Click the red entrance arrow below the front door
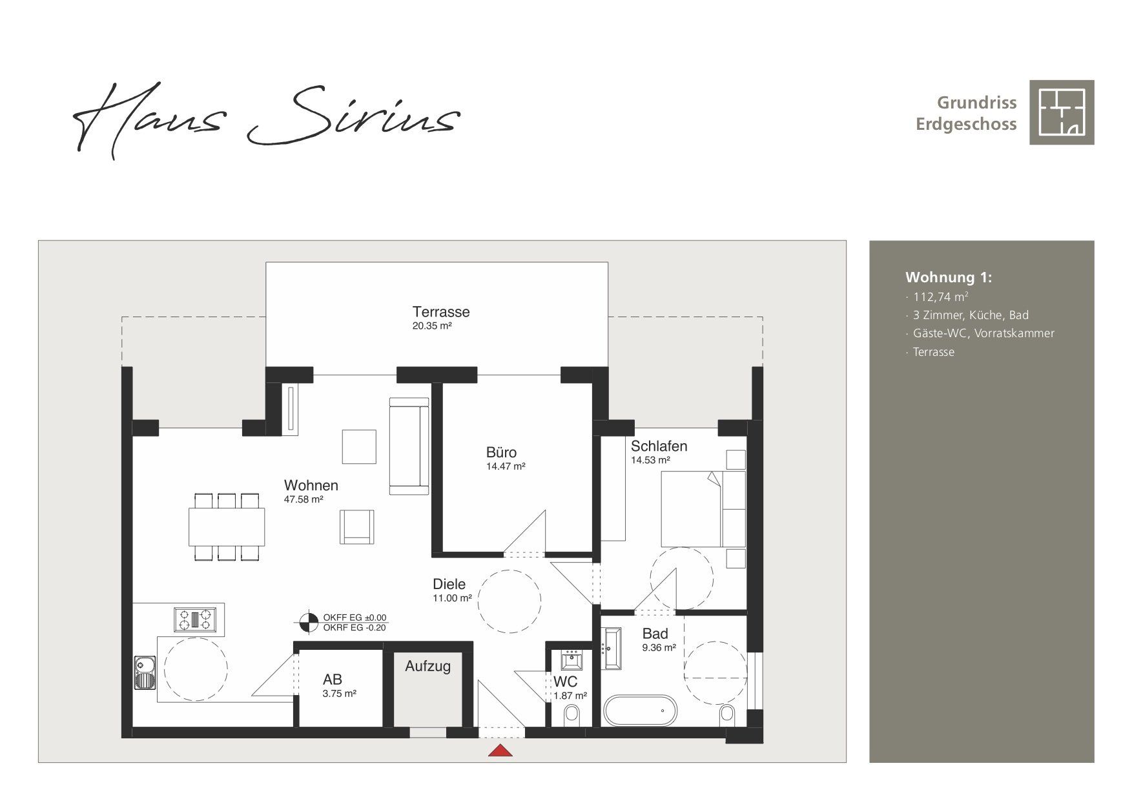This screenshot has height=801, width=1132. pos(500,750)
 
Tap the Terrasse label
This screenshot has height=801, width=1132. pos(441,311)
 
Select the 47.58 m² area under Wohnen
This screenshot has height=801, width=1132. pos(304,499)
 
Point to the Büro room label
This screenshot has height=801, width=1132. pos(501,452)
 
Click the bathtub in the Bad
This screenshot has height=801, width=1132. pos(640,711)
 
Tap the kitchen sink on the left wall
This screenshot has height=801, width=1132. pos(145,672)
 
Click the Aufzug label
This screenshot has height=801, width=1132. pos(427,666)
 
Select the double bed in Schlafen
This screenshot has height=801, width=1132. pos(703,510)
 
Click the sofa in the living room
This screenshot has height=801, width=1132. pos(409,446)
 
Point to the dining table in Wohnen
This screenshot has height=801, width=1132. pos(227,527)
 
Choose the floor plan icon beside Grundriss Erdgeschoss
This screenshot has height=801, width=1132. pos(1062,112)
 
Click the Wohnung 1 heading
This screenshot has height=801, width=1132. pos(949,277)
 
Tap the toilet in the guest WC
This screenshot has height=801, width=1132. pos(571,715)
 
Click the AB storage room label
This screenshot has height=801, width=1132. pos(333,679)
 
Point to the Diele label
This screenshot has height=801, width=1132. pos(449,584)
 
